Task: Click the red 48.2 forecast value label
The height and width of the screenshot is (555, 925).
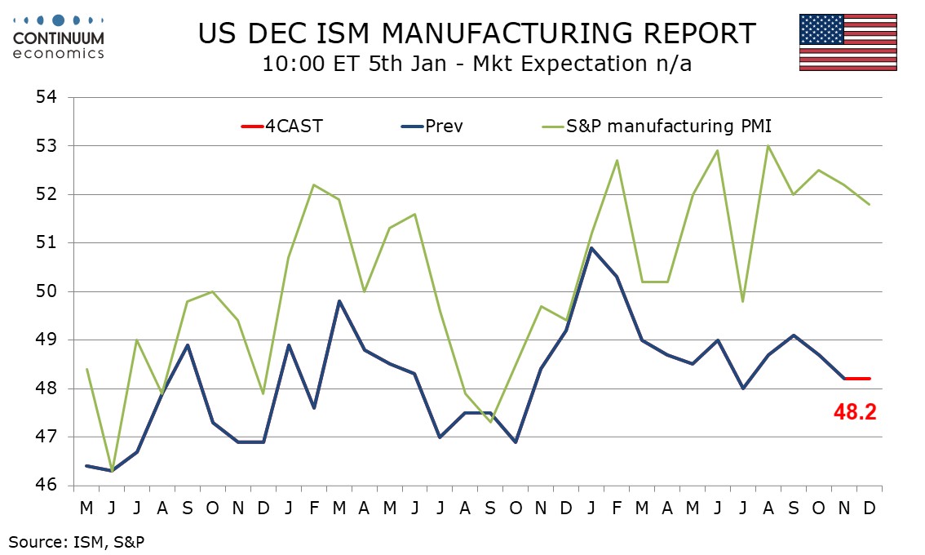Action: (x=854, y=412)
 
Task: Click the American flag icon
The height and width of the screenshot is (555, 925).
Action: (x=848, y=42)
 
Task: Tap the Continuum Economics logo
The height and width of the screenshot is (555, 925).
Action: (x=59, y=37)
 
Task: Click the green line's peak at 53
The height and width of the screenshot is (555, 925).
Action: (x=768, y=146)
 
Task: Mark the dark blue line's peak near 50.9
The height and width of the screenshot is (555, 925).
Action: (x=591, y=248)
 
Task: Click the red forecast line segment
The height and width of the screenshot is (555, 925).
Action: (x=857, y=379)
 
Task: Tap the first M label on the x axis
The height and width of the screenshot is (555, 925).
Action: (x=86, y=508)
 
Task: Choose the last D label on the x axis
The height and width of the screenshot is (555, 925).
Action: (x=870, y=508)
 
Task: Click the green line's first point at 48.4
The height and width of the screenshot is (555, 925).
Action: (x=86, y=369)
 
